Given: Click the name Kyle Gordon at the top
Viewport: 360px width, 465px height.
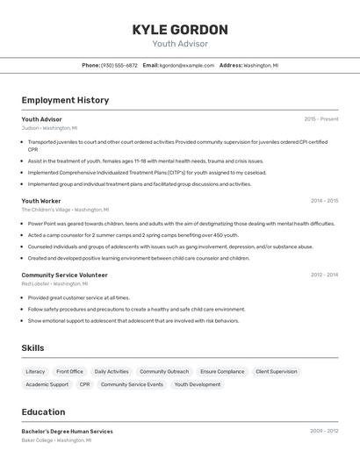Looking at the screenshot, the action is pos(180,30).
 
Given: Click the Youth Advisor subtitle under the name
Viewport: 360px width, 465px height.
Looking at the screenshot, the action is pos(180,43).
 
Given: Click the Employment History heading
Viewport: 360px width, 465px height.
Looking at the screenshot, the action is pos(65,100).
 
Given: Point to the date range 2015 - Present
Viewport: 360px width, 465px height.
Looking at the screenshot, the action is pos(321,119).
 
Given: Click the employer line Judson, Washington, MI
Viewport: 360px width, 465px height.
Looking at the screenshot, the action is pos(49,128).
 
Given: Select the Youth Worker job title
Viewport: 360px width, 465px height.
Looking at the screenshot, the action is pos(41,201).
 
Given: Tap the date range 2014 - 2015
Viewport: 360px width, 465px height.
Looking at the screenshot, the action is pos(324,201).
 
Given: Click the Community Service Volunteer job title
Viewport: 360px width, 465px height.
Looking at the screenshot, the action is pos(64,275).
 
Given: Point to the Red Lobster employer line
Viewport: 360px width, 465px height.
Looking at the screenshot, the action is pos(54,283).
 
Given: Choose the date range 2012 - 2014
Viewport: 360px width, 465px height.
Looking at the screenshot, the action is pos(324,275).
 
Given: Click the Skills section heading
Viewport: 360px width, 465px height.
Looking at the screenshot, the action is pos(32,348).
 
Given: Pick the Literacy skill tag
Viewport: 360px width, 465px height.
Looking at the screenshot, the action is pos(35,371).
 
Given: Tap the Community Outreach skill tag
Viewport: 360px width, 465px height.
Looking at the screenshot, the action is pos(164,371).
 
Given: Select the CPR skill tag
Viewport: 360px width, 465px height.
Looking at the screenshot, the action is pos(84,384).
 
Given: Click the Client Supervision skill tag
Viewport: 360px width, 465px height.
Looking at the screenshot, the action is pos(277,371).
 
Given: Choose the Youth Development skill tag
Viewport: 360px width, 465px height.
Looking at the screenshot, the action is pos(198,384).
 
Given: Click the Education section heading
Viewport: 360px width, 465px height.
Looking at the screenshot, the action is pos(43,412).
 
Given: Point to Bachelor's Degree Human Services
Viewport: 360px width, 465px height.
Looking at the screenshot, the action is pos(67,432).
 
